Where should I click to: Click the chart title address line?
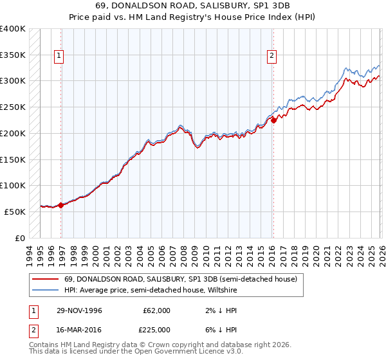[x=192, y=6]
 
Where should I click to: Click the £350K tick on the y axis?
[x=13, y=55]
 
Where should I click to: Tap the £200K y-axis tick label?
[x=13, y=133]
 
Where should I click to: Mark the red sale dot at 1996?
[x=60, y=205]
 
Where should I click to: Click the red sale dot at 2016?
[x=273, y=120]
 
